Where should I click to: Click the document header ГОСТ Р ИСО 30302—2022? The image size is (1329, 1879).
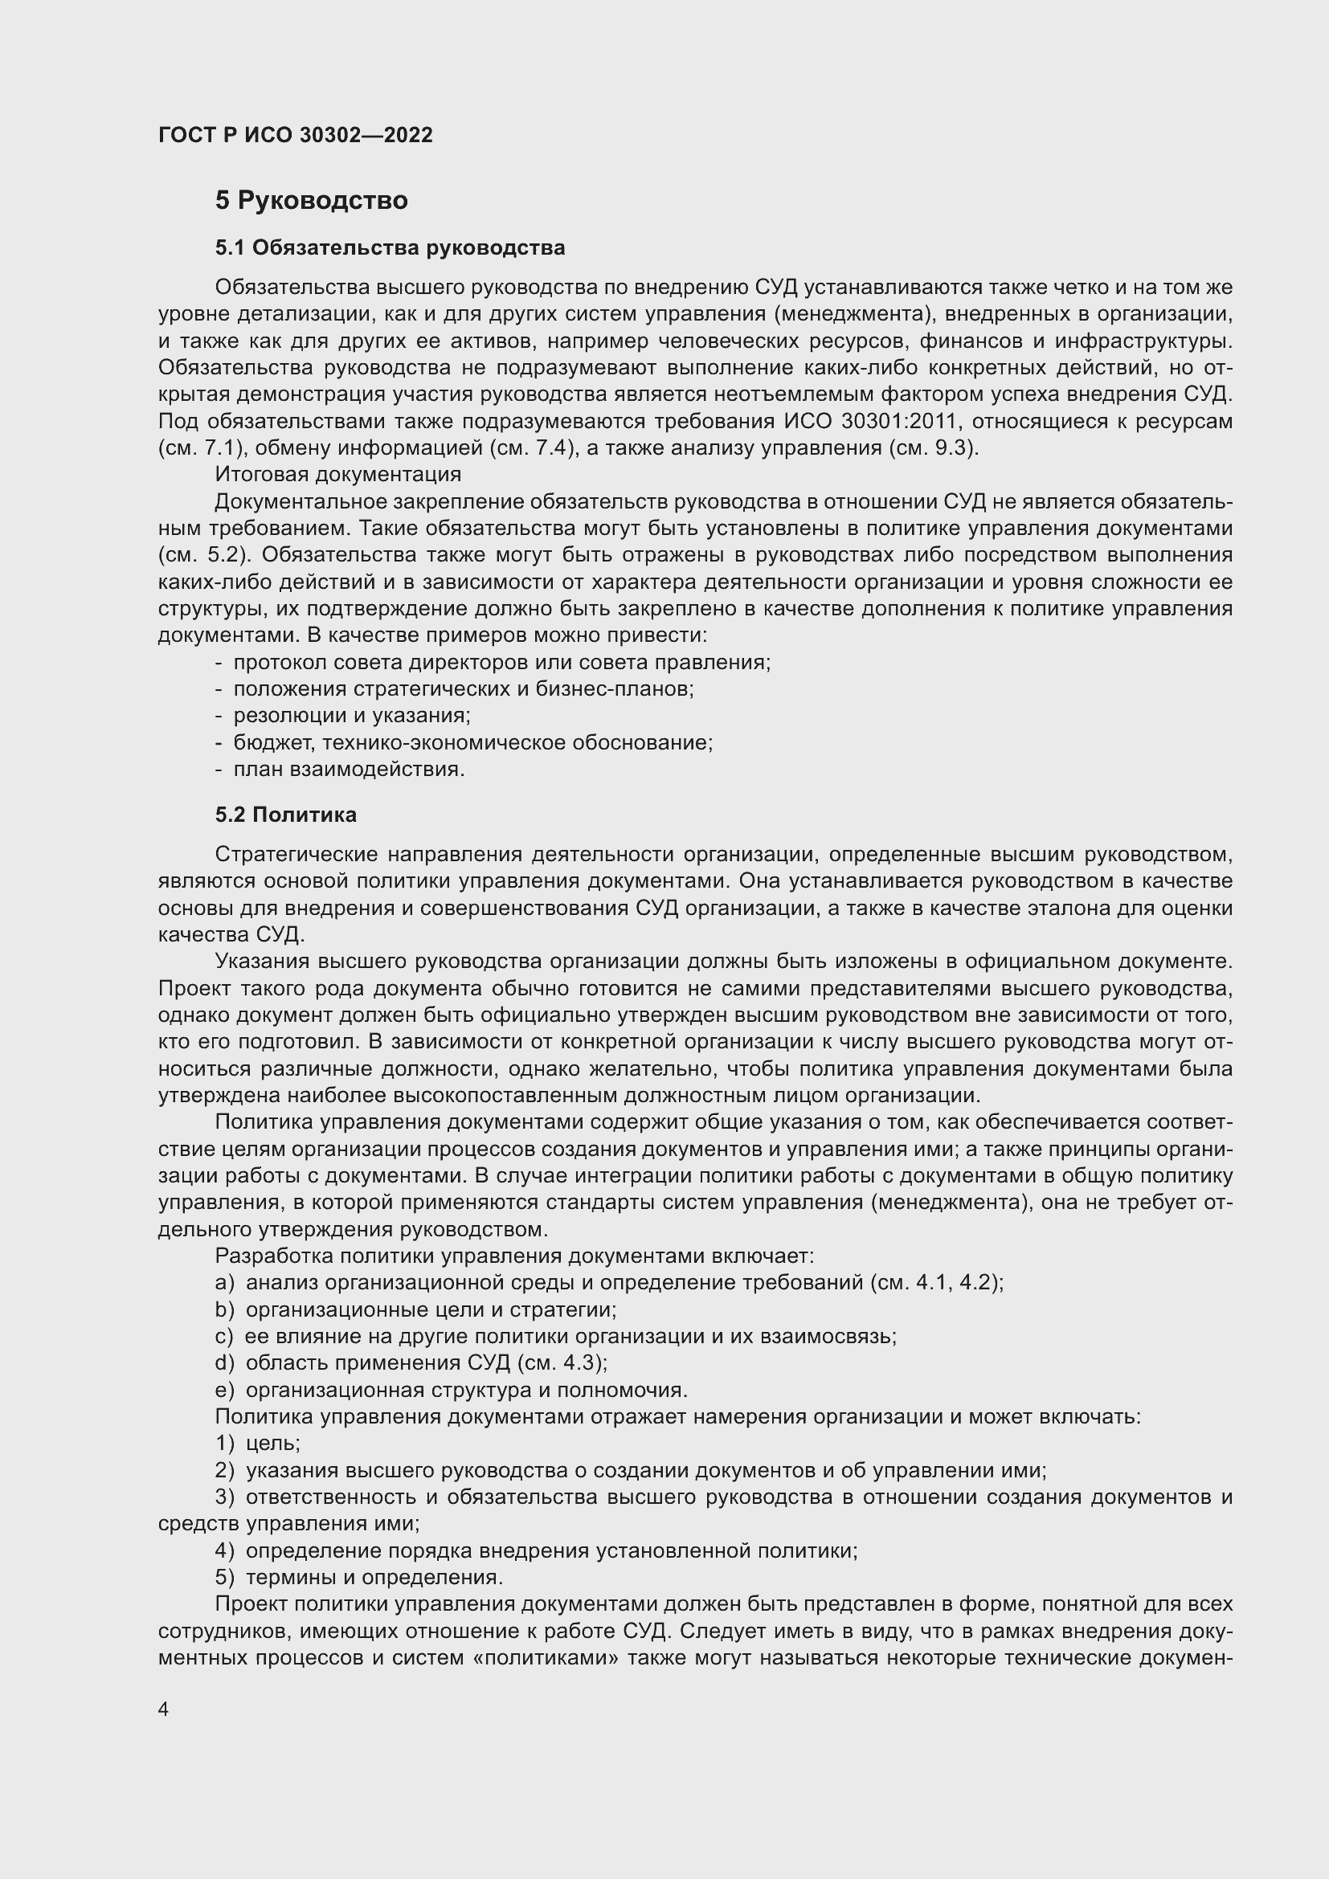coord(295,136)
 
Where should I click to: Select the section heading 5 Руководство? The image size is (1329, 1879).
coord(311,201)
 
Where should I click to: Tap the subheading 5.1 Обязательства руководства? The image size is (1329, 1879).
coord(390,247)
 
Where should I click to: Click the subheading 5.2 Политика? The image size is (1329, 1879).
coord(285,815)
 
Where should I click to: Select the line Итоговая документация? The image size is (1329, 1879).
coord(338,474)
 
